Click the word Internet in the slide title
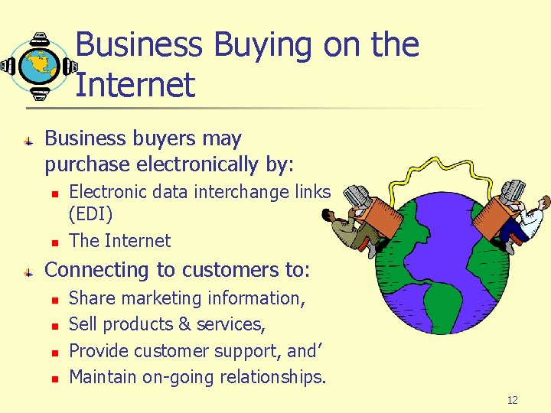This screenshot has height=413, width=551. coord(135,84)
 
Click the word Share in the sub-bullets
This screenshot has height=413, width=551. coord(91,298)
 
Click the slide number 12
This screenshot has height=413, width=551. coord(513,400)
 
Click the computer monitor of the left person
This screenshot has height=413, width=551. coord(356,197)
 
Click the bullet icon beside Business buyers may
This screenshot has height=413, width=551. coord(28,141)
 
